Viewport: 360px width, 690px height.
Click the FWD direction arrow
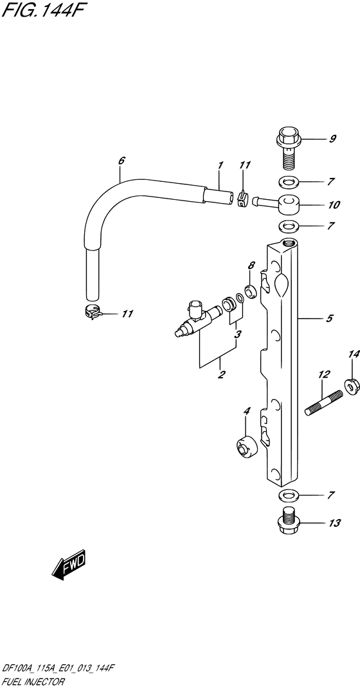(x=68, y=563)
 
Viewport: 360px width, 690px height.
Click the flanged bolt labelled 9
(x=288, y=148)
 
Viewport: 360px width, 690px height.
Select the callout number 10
(x=334, y=205)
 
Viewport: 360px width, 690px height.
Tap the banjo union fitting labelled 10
(x=277, y=204)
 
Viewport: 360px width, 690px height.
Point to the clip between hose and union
(x=242, y=199)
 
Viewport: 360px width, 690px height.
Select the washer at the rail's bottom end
(x=288, y=495)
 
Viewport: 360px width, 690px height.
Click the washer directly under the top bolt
(x=288, y=181)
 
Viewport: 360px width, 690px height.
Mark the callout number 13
(x=334, y=523)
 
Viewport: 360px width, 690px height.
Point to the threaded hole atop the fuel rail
(x=289, y=242)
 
